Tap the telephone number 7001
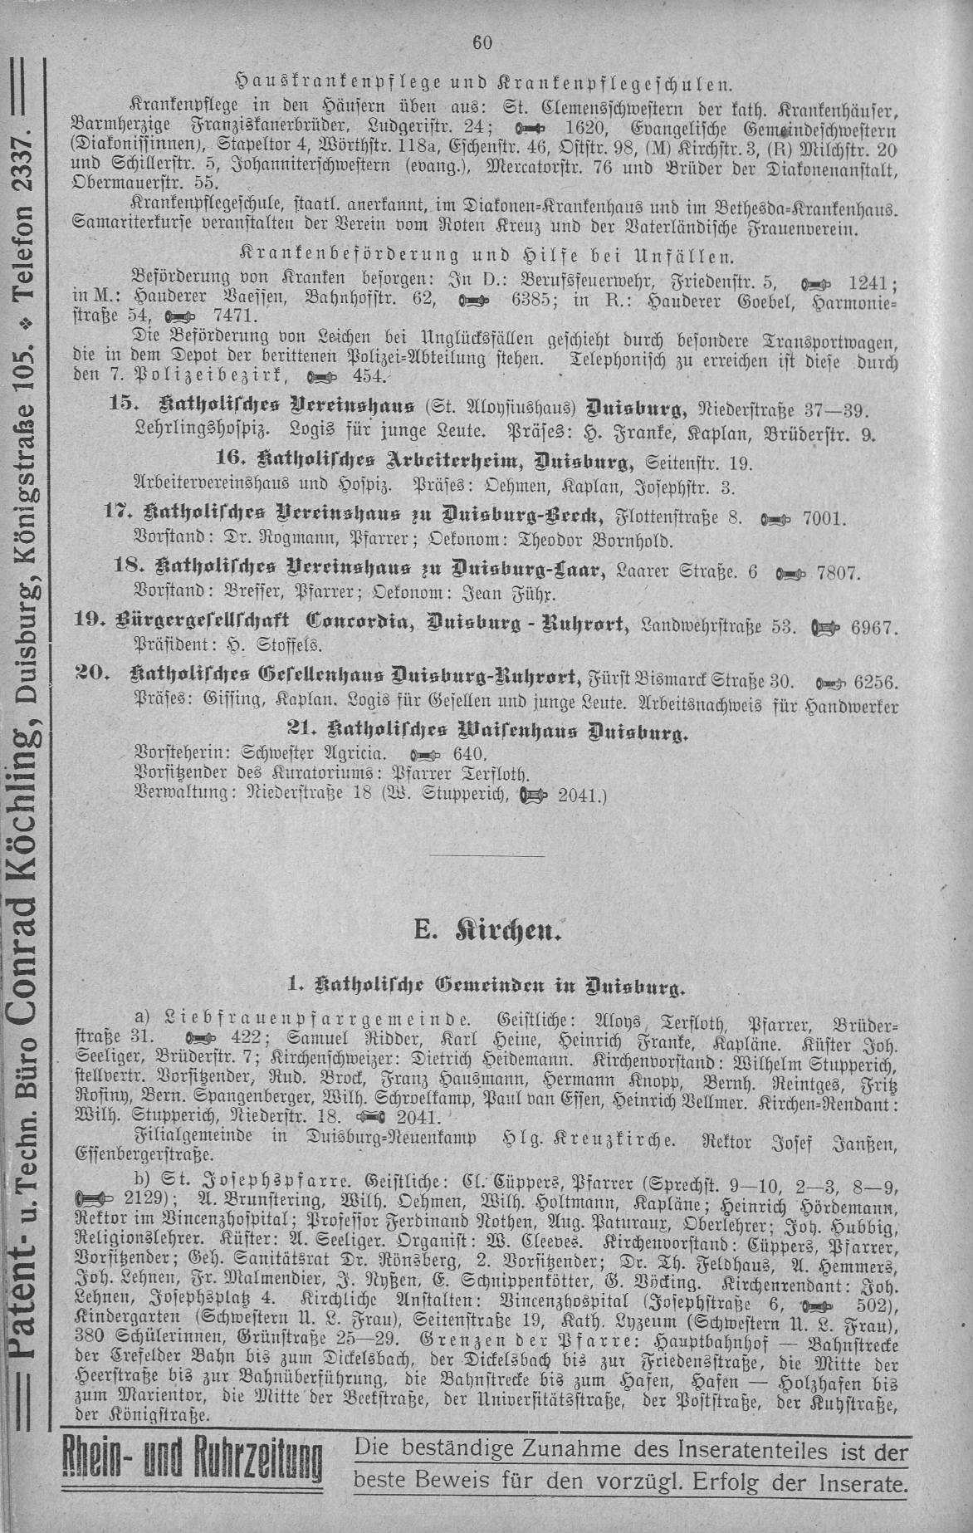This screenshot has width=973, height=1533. pyautogui.click(x=825, y=520)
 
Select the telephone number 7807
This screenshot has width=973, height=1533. pyautogui.click(x=840, y=573)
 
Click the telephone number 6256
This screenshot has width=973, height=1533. pyautogui.click(x=875, y=682)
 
